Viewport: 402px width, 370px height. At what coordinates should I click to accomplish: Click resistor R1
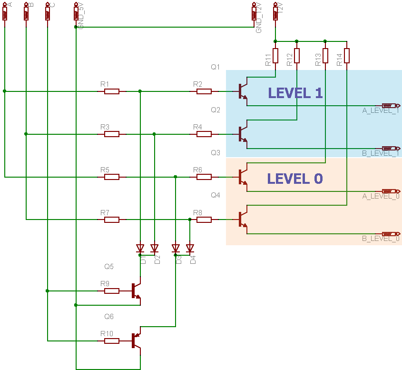[111, 91]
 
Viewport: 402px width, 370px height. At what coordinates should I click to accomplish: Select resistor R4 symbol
[204, 134]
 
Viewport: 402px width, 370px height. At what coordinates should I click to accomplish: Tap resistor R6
[204, 177]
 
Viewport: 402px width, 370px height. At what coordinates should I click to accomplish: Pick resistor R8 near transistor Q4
[204, 220]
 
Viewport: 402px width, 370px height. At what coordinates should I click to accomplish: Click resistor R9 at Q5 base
[111, 290]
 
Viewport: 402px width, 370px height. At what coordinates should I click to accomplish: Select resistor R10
[111, 340]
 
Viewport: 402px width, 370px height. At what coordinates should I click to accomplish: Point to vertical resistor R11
[275, 56]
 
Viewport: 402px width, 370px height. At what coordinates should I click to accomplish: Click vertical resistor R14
[347, 56]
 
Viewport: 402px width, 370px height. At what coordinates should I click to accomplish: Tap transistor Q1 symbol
[243, 90]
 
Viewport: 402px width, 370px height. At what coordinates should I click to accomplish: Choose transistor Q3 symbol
[243, 177]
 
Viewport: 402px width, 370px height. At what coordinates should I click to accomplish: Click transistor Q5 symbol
[136, 290]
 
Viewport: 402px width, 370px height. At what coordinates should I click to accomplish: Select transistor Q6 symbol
[136, 340]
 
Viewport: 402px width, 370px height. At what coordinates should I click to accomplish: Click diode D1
[140, 248]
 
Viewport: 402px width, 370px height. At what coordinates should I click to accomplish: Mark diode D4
[190, 248]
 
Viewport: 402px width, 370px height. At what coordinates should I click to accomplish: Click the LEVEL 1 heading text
[295, 93]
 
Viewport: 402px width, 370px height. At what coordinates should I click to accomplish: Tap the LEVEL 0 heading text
[295, 179]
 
